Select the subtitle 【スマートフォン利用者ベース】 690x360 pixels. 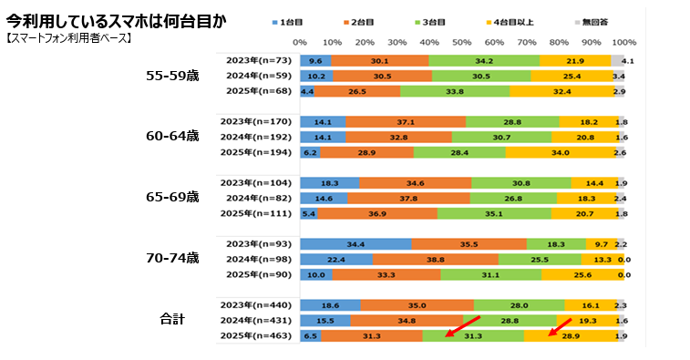pos(69,38)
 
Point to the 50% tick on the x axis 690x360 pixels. pos(462,42)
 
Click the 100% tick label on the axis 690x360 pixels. pos(623,42)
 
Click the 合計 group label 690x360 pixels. pos(172,319)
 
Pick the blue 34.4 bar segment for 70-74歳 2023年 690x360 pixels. pos(355,243)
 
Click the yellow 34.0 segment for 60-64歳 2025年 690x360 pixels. pos(561,151)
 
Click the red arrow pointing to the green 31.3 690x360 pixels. pos(462,327)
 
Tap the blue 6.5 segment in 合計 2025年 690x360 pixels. pos(311,335)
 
